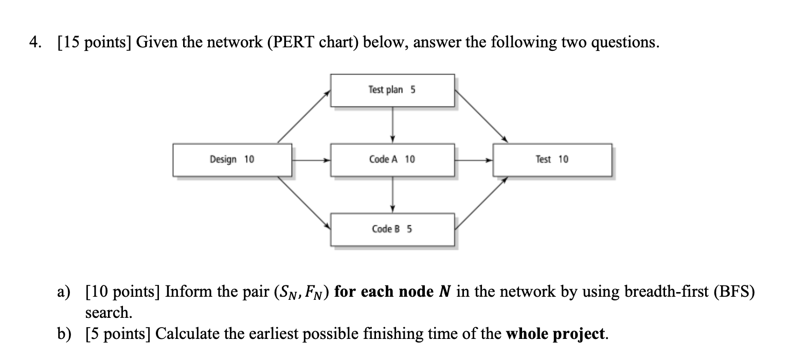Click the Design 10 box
click(232, 160)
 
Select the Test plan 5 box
click(392, 91)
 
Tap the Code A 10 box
click(392, 160)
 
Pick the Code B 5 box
click(392, 229)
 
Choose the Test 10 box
click(552, 160)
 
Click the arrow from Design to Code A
click(311, 160)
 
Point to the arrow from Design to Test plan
click(304, 117)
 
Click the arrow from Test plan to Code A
click(392, 124)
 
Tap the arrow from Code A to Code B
click(392, 194)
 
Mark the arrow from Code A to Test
click(474, 160)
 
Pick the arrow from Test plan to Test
click(481, 117)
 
